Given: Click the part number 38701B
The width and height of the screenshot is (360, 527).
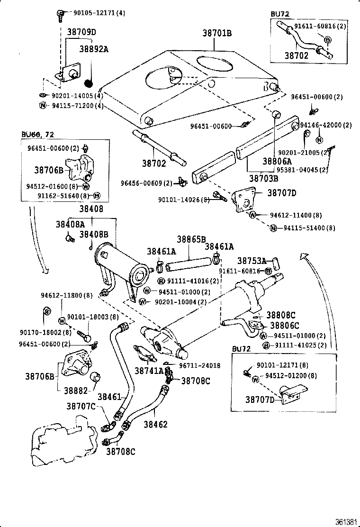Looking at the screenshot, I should coord(217,33).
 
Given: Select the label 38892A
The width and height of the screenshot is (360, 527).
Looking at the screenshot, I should coord(93,49).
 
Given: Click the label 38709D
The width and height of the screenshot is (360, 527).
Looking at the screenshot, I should coord(81,32).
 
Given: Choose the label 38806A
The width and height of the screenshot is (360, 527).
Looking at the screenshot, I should coord(278,161).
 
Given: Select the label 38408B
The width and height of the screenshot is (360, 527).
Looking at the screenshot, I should coord(94,234).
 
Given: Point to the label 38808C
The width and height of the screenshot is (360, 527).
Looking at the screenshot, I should coord(280,315).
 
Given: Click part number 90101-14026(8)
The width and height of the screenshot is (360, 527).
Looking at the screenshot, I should coord(184,200).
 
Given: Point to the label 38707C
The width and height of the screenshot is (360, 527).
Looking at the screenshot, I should coord(81,407).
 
